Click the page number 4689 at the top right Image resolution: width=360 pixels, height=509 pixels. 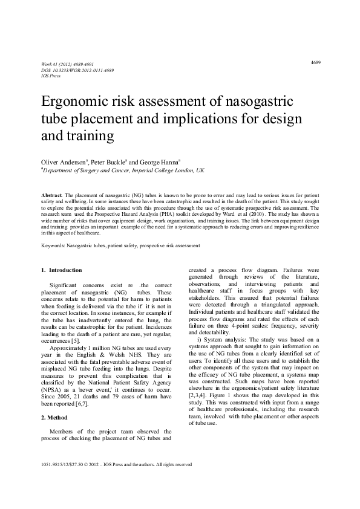316,62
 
